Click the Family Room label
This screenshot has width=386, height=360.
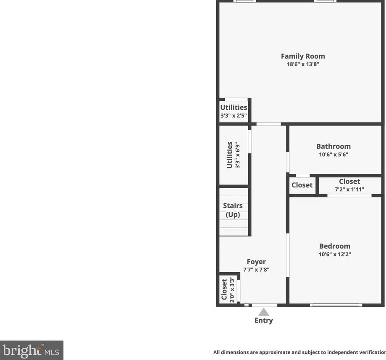(x=302, y=56)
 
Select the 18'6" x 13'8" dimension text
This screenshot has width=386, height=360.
(x=302, y=65)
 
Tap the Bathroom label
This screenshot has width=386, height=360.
(x=333, y=146)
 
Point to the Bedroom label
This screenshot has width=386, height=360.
(x=334, y=246)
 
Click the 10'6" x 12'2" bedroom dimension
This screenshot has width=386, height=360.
(x=334, y=254)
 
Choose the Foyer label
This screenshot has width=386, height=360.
(x=256, y=262)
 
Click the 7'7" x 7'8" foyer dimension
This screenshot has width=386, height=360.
(x=256, y=270)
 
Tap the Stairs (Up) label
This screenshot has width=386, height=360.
(x=233, y=210)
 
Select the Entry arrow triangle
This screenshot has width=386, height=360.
(x=263, y=312)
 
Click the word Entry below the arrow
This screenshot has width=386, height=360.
(x=263, y=321)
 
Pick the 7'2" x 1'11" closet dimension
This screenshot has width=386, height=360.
(x=349, y=189)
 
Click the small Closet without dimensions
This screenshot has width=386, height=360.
(x=302, y=185)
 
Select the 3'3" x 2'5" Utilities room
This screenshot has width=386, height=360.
(x=234, y=111)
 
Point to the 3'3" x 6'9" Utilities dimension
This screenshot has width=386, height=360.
(x=238, y=155)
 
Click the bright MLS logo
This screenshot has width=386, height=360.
(x=32, y=350)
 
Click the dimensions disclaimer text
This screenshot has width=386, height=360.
(x=299, y=352)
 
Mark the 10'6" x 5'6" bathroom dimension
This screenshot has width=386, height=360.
(x=333, y=155)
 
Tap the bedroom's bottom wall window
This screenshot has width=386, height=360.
(x=336, y=305)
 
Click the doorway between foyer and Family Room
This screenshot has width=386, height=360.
(x=269, y=124)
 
